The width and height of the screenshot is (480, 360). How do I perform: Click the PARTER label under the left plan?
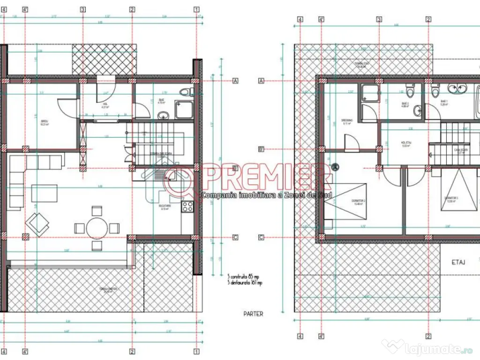point(254,314)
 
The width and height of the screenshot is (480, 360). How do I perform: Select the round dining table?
point(97,228)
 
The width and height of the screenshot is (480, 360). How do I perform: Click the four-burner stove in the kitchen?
point(188,207)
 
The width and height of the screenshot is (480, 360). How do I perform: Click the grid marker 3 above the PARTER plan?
point(82,9)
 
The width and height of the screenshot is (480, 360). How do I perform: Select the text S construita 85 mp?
point(243,276)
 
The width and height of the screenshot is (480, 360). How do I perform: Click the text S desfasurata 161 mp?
point(245,283)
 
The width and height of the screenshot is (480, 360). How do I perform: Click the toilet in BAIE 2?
point(411,89)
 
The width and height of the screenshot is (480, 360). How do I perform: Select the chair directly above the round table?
point(97,211)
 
